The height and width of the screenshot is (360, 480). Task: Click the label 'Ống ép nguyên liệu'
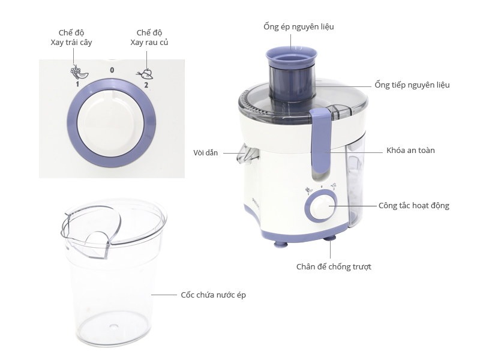298,27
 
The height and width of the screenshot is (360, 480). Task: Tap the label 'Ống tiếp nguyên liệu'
412,85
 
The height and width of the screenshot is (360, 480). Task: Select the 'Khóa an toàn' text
410,151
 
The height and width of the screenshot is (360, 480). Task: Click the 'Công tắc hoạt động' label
413,206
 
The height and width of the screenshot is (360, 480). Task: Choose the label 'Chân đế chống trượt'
334,266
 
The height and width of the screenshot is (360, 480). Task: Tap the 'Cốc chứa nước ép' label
213,295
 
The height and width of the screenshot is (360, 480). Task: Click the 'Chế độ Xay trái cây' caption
71,38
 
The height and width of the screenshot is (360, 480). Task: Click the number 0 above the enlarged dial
112,70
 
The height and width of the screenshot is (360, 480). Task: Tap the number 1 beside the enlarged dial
77,85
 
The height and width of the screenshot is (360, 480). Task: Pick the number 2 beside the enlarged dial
146,85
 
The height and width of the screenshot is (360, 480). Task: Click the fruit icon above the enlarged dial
76,71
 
